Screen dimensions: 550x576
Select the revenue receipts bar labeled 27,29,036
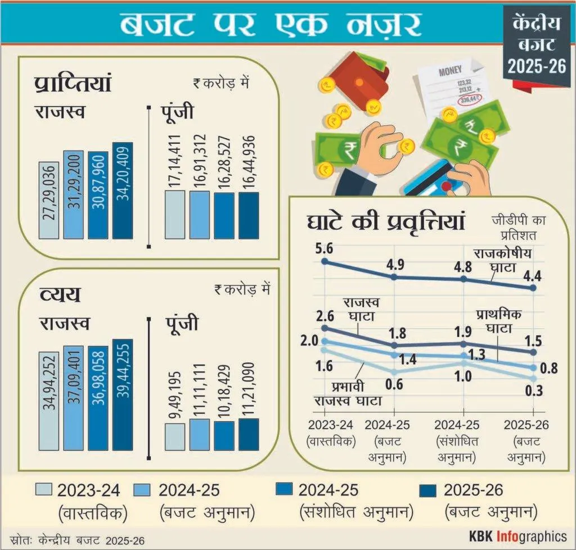coord(49,199)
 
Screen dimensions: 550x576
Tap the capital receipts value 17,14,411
coord(175,162)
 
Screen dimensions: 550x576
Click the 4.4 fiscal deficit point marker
coord(534,288)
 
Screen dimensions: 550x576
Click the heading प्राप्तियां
coord(71,85)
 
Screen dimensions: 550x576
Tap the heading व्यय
coord(59,294)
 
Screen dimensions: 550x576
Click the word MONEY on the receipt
coord(450,71)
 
